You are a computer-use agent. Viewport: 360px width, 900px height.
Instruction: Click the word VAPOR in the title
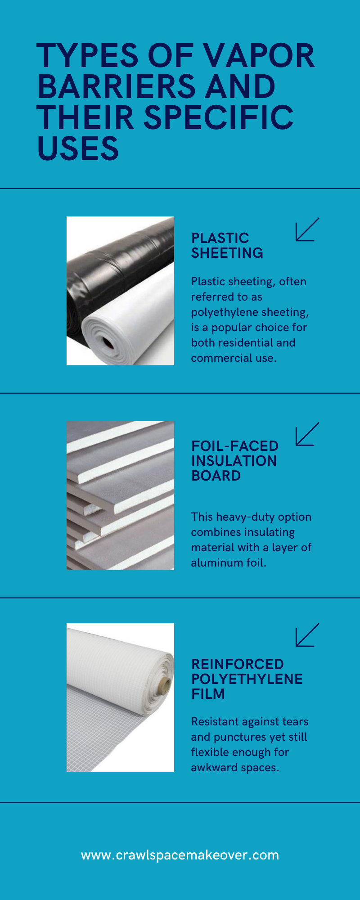point(258,56)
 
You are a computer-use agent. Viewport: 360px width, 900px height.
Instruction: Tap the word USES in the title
point(78,148)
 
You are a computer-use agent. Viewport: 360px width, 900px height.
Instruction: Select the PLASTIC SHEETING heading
point(227,245)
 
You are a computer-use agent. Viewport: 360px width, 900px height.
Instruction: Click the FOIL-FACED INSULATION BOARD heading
point(234,460)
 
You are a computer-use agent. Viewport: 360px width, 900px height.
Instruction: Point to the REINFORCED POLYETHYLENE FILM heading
point(247,679)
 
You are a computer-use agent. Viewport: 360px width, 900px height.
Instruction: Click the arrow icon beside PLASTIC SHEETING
point(307,229)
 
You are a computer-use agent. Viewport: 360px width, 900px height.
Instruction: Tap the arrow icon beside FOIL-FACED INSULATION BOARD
point(307,434)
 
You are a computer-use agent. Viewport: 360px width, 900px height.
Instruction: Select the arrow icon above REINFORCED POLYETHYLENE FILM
point(307,635)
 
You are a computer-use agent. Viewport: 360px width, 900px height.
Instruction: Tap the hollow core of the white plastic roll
point(108,344)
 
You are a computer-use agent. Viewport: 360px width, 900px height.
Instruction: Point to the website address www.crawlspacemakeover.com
point(180,855)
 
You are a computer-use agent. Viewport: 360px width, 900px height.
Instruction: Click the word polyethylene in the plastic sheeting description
point(225,312)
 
